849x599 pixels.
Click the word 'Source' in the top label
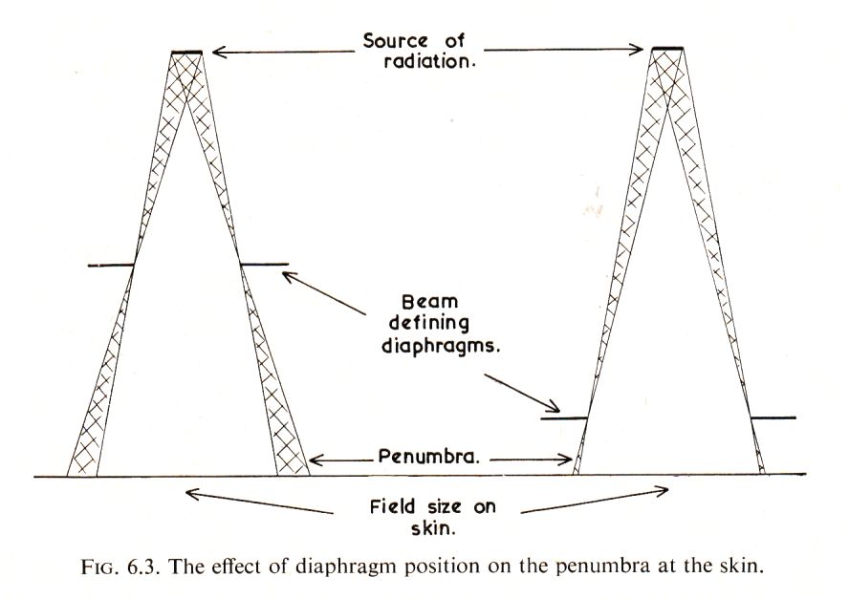click(395, 41)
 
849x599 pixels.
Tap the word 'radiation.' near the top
click(429, 61)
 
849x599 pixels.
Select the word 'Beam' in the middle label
click(430, 301)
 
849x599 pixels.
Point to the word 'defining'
click(429, 323)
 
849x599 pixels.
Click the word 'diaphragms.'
click(441, 346)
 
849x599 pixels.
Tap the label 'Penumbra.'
click(429, 457)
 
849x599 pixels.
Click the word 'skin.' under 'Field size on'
click(432, 528)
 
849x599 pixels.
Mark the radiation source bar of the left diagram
click(186, 53)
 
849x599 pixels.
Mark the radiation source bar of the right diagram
click(667, 48)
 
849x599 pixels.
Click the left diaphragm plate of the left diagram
click(111, 266)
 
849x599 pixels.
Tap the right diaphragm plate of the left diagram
click(264, 265)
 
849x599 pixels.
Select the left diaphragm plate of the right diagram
click(564, 418)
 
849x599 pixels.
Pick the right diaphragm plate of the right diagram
click(773, 417)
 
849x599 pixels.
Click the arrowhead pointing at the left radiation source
click(218, 52)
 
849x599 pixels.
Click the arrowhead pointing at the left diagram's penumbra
click(316, 460)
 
